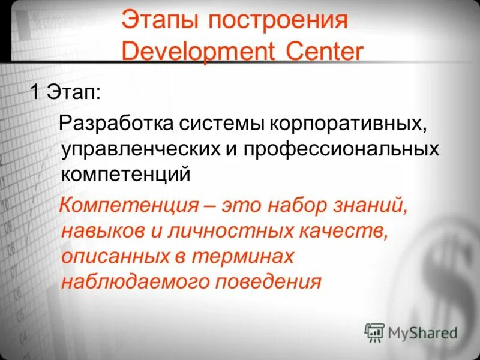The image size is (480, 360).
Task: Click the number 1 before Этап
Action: [35, 94]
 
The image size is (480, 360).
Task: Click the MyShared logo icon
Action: [374, 331]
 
